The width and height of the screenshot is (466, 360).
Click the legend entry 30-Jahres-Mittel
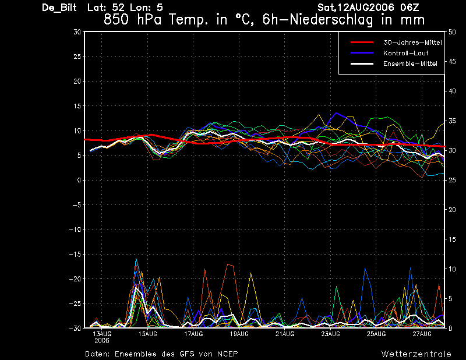(412, 43)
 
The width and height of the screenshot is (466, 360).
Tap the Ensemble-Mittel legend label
(410, 63)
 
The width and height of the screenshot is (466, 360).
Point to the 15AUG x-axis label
(148, 334)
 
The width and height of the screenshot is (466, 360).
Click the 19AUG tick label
(239, 334)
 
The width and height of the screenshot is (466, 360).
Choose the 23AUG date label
(330, 334)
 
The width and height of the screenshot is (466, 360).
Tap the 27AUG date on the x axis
(421, 334)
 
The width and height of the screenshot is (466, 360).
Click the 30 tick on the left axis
(77, 32)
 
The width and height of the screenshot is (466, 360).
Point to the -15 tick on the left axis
(75, 255)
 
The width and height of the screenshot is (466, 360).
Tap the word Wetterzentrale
(416, 354)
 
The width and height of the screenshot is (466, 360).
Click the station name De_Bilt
(60, 8)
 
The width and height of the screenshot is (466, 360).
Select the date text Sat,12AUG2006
(355, 8)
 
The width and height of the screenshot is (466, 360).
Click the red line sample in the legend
(361, 43)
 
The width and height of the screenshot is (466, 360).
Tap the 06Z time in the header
(409, 8)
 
